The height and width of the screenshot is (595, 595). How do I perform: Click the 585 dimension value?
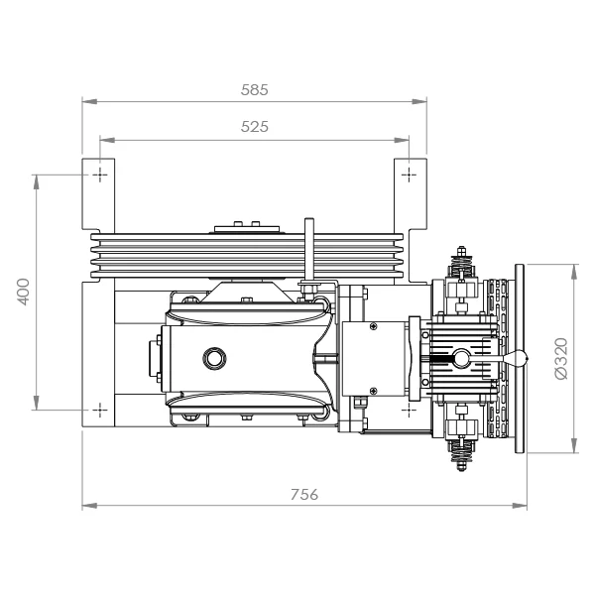(254, 90)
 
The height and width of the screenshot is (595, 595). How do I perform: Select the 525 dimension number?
(254, 127)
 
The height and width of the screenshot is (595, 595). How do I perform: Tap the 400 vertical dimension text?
(24, 292)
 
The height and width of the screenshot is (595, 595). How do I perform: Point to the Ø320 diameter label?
(561, 358)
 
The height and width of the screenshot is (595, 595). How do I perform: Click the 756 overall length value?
(304, 495)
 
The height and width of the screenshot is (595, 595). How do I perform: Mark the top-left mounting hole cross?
(100, 175)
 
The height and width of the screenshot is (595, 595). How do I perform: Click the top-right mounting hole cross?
(409, 175)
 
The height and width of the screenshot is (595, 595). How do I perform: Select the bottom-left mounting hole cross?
(100, 410)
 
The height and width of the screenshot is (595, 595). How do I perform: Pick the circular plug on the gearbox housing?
(215, 358)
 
